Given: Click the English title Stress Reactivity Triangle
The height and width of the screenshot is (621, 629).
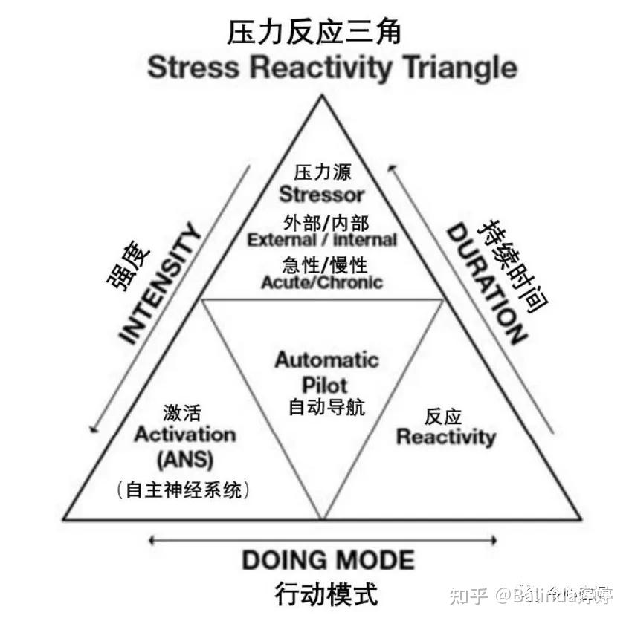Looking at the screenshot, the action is click(x=332, y=68).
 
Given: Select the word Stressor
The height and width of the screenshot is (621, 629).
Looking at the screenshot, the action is click(x=322, y=195).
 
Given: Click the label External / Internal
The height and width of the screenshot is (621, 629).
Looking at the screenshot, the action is click(x=322, y=240).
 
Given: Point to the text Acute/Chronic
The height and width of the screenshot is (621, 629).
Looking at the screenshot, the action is click(x=322, y=282).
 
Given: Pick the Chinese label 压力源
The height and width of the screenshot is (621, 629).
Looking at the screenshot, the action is click(x=322, y=172).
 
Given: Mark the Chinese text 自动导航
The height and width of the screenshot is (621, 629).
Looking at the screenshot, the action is click(x=326, y=406).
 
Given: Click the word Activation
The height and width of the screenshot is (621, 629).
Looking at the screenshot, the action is click(x=184, y=435).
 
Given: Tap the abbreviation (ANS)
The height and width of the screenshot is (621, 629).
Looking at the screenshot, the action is click(x=184, y=461).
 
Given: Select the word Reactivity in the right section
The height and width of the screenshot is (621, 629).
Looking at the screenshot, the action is click(x=445, y=436).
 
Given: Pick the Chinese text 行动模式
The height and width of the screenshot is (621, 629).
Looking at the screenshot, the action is click(x=326, y=594).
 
